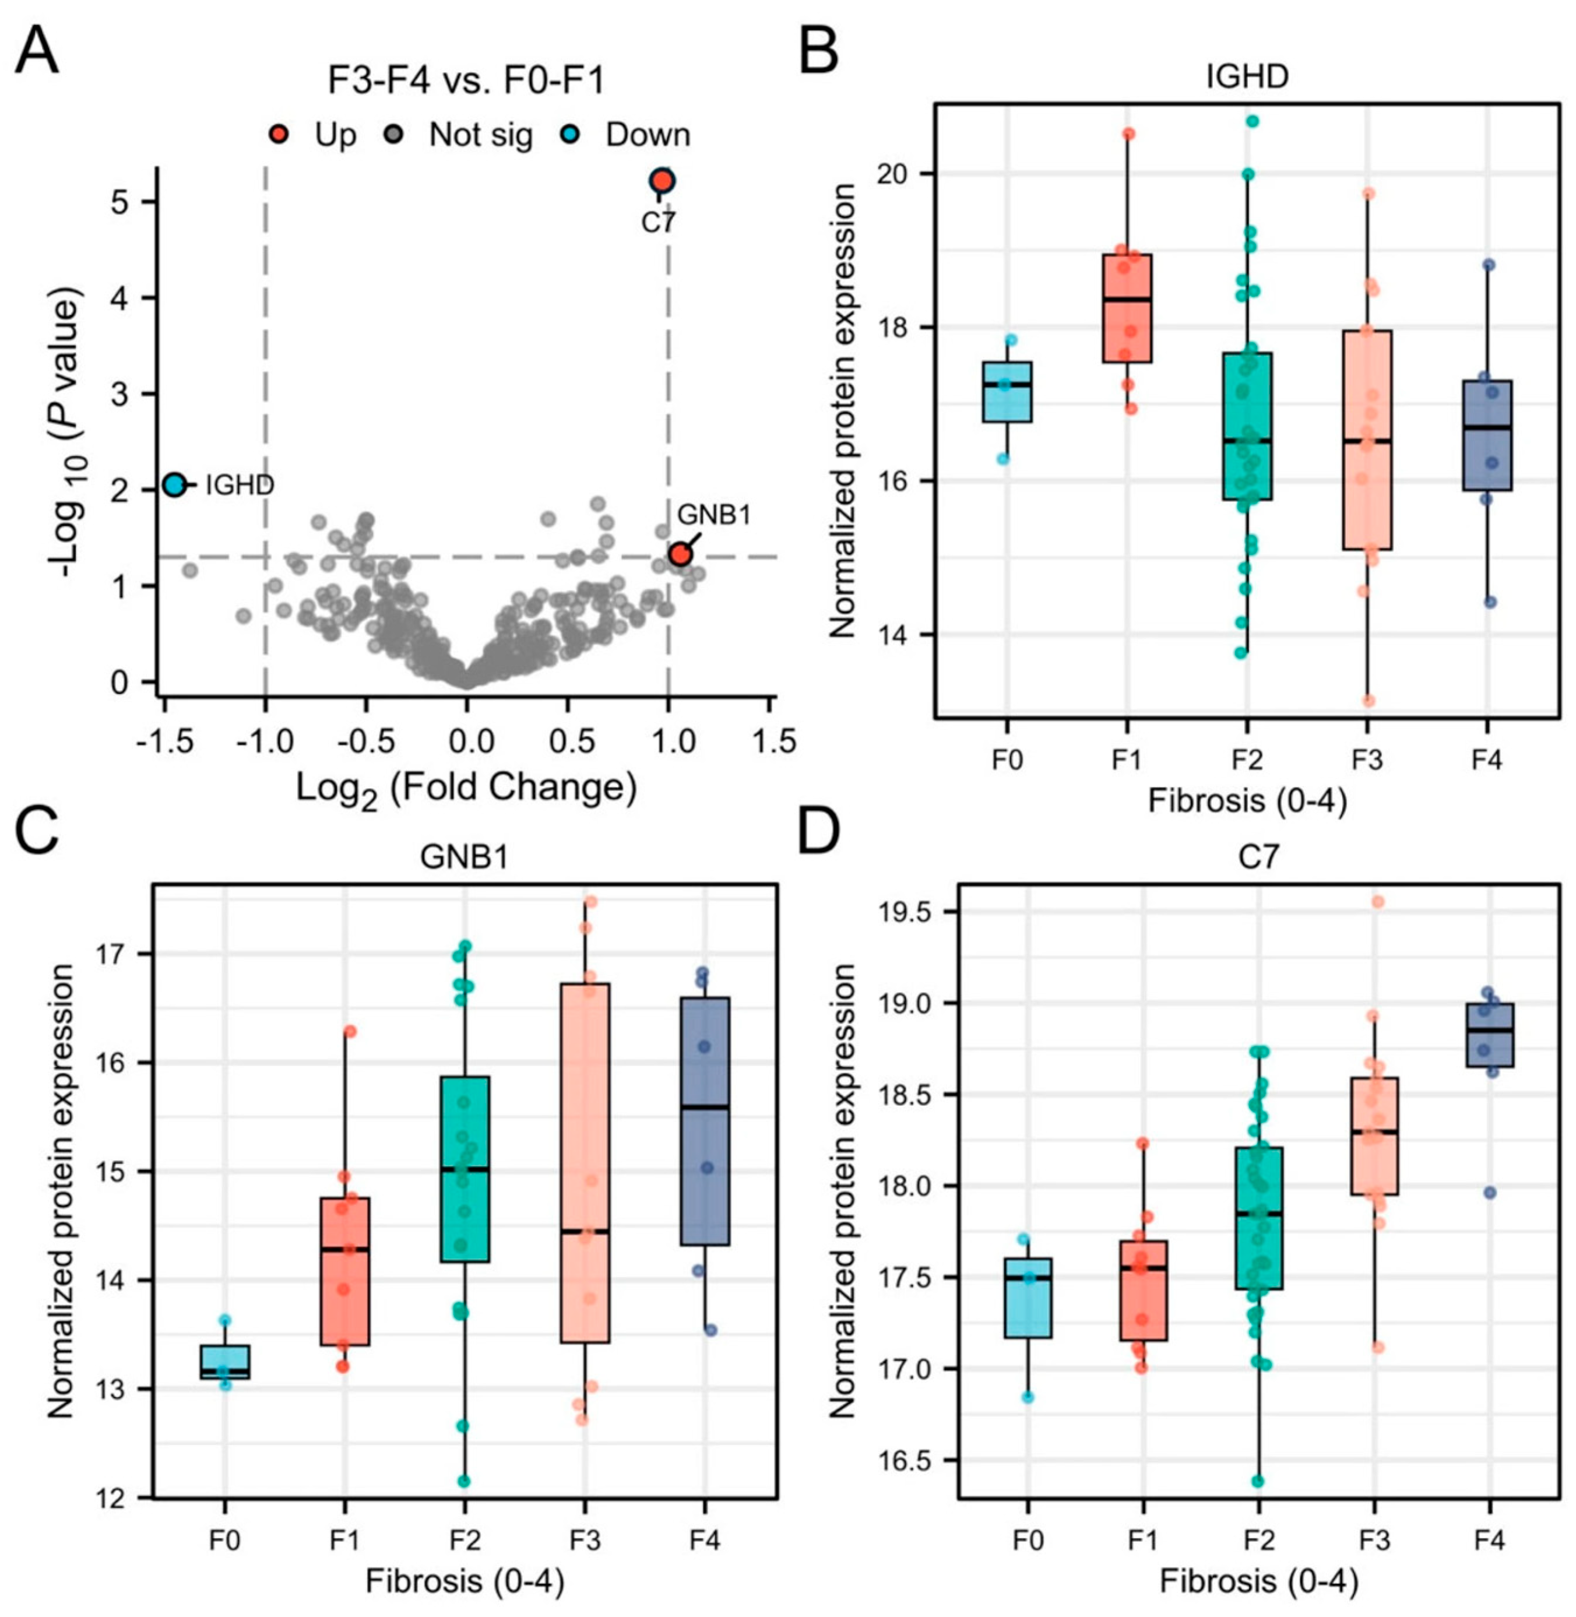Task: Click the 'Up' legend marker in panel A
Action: point(282,134)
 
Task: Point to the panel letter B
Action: point(817,51)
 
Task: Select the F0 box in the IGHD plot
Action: point(1007,392)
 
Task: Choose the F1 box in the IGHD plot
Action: point(1127,308)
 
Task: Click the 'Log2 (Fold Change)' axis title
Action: point(467,788)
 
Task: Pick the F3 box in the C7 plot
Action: point(1374,1136)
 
